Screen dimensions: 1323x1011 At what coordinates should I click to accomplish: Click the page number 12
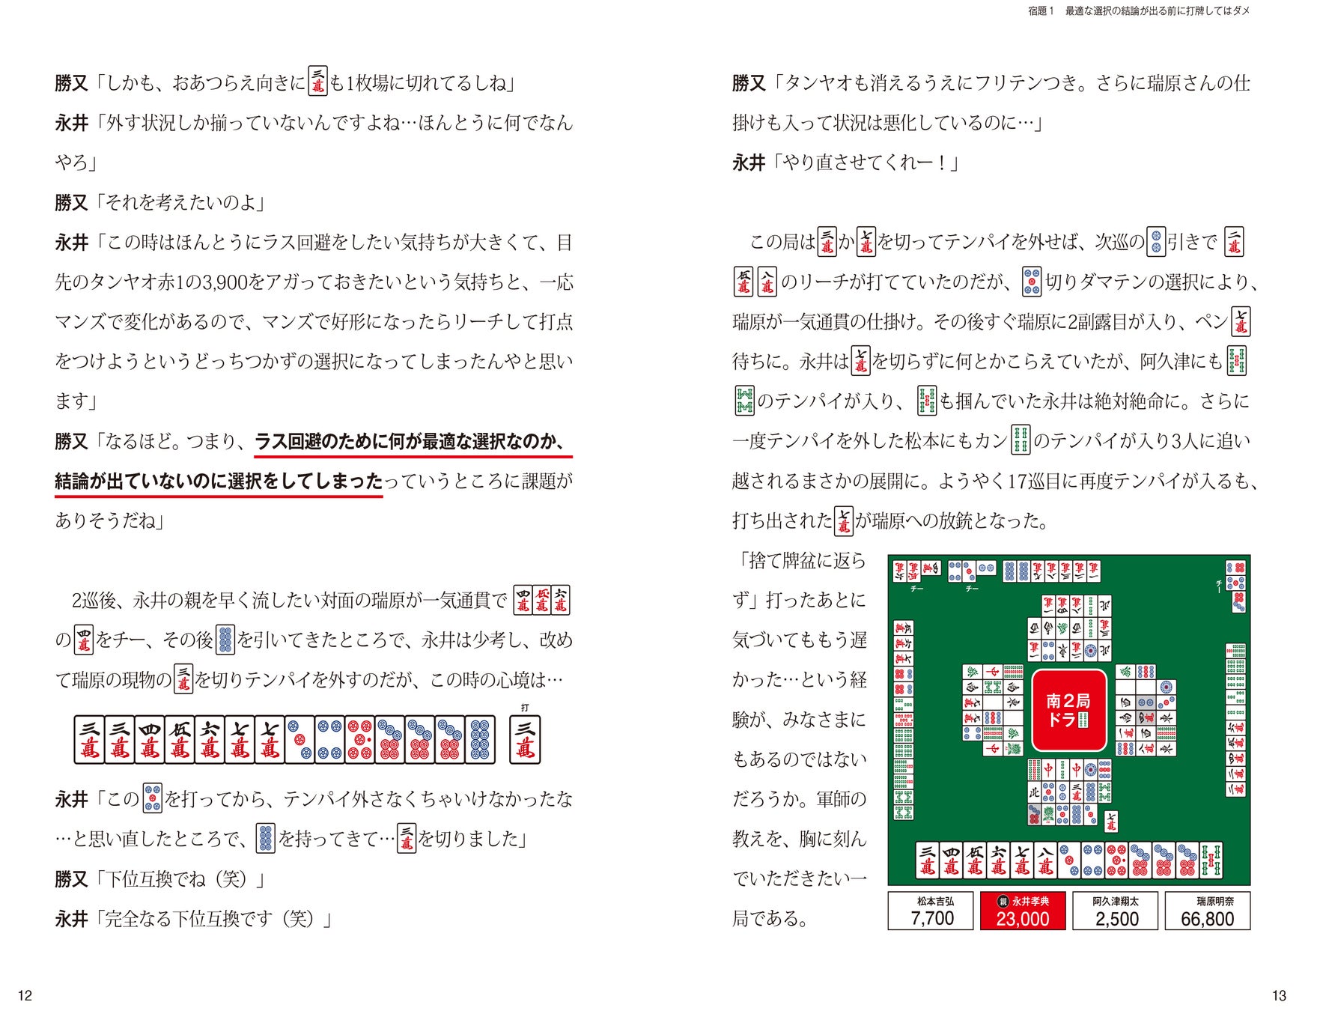[x=25, y=995]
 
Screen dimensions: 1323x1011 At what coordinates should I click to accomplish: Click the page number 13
[x=1279, y=995]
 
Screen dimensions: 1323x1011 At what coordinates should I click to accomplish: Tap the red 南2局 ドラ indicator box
[x=1068, y=710]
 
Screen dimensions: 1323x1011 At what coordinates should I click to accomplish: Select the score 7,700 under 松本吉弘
[x=932, y=919]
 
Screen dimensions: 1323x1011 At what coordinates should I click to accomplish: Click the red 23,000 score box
[x=1023, y=911]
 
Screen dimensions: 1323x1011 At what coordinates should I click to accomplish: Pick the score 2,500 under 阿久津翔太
[x=1116, y=919]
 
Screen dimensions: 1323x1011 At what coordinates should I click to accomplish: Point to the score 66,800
[x=1208, y=919]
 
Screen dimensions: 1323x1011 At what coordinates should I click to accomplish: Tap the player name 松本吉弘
[x=935, y=901]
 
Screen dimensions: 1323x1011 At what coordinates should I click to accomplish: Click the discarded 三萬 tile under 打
[x=525, y=740]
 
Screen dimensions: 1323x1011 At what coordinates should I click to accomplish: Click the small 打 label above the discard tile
[x=525, y=708]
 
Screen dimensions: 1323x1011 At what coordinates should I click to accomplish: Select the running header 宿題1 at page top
[x=1041, y=11]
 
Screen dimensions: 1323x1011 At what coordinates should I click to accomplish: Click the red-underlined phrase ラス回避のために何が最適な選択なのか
[x=410, y=441]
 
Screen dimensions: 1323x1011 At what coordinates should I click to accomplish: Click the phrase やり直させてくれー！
[x=866, y=163]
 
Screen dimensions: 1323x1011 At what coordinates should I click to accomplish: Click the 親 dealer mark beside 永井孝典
[x=1003, y=901]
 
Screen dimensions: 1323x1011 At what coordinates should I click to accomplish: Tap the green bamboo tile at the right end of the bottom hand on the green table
[x=1211, y=860]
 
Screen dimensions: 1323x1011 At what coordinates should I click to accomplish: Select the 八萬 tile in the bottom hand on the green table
[x=1045, y=860]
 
